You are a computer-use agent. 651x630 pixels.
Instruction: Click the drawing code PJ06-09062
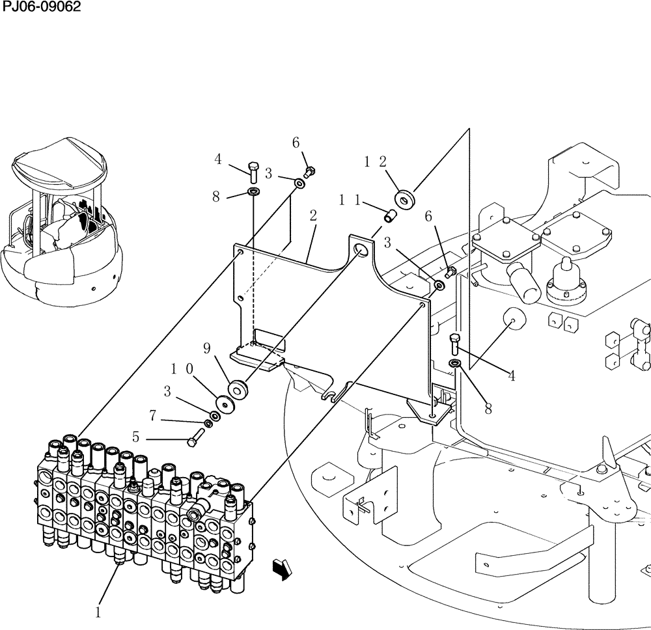coord(40,7)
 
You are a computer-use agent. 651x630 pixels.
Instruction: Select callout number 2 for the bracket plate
coord(313,215)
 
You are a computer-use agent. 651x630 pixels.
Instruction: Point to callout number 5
coord(135,437)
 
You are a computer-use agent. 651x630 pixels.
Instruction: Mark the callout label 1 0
coord(182,370)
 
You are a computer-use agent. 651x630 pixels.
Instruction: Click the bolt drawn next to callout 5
coord(194,441)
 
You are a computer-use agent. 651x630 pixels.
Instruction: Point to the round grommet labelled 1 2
coord(405,199)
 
